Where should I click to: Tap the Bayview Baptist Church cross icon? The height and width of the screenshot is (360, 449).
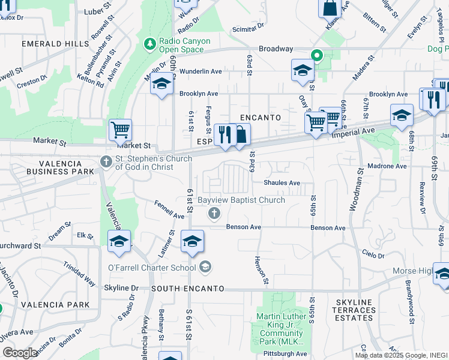[213, 213]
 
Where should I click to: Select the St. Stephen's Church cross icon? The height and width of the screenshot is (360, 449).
[106, 161]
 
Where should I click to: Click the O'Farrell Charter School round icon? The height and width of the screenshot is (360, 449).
[205, 266]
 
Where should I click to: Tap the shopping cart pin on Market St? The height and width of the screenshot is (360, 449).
[120, 128]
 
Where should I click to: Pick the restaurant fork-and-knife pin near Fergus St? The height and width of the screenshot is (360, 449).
[224, 135]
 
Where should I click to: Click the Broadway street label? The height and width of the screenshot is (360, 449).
[276, 49]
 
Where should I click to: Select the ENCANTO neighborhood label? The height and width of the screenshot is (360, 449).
[261, 118]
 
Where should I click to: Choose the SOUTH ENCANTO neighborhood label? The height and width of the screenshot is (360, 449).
[188, 289]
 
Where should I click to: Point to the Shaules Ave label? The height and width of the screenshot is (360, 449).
[282, 183]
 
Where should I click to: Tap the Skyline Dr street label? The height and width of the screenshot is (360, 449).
[125, 288]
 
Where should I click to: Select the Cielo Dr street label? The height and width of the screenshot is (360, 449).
[373, 256]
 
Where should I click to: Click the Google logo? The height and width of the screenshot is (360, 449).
[20, 353]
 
